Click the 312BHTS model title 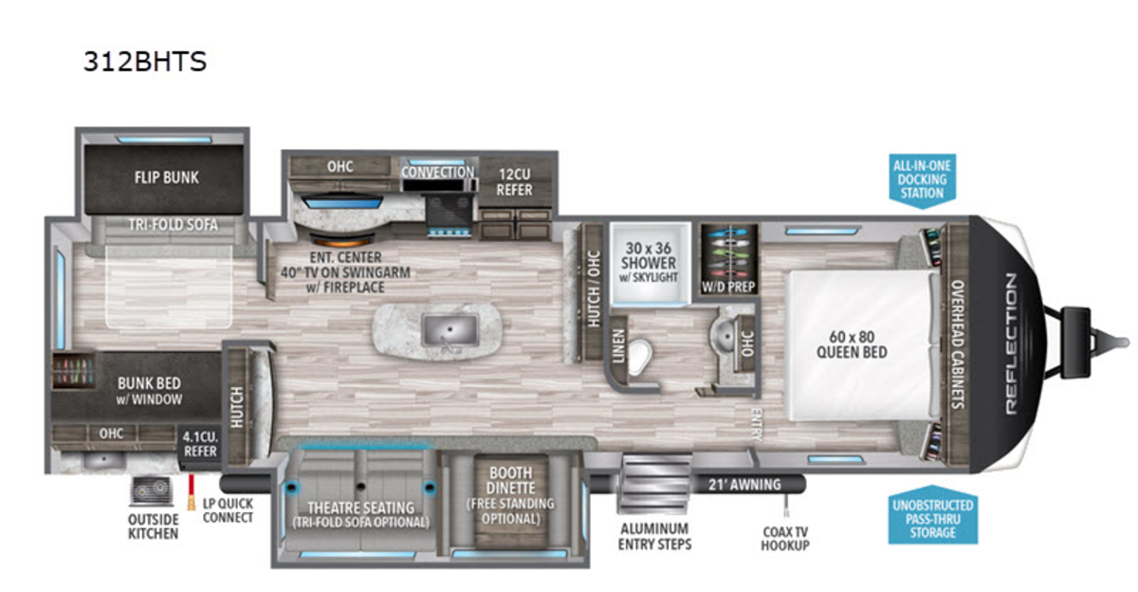click(145, 62)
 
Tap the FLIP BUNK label click(167, 177)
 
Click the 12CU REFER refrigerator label click(514, 182)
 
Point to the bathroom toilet click(639, 357)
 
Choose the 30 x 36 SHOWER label click(649, 255)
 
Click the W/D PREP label click(728, 287)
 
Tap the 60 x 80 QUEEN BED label click(852, 344)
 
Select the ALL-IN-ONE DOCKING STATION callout click(922, 180)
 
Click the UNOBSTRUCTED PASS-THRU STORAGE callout click(933, 516)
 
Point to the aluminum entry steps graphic click(654, 484)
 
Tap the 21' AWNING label click(744, 485)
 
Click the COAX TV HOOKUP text click(785, 539)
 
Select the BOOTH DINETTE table click(510, 501)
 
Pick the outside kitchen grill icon click(152, 490)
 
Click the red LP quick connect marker click(192, 491)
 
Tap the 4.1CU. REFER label click(200, 444)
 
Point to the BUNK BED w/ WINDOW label click(149, 391)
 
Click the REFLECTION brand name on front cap click(1011, 343)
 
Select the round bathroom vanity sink click(723, 334)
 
